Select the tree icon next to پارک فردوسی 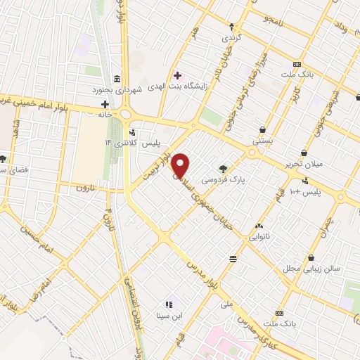(x=223, y=168)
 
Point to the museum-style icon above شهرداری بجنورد (x=117, y=78)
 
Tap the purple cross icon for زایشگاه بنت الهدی (x=177, y=75)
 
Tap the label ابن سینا (x=169, y=316)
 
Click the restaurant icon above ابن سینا (x=169, y=304)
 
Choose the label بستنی (x=262, y=141)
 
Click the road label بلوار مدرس (x=201, y=262)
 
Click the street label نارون (x=84, y=188)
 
